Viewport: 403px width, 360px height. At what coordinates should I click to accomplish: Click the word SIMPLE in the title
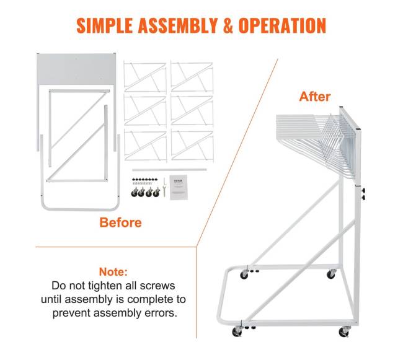click(x=104, y=25)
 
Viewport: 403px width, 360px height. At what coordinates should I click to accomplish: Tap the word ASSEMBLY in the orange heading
click(x=178, y=25)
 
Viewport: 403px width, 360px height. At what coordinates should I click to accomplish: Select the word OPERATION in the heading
click(x=282, y=25)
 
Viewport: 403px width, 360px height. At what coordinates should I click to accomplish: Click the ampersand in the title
click(x=228, y=25)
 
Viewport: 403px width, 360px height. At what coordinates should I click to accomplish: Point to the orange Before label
click(x=120, y=222)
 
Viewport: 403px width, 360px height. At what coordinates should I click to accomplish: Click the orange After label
click(x=315, y=97)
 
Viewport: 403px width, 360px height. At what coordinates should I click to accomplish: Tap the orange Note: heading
click(x=113, y=271)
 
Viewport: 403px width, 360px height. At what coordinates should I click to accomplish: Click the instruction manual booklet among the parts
click(x=179, y=187)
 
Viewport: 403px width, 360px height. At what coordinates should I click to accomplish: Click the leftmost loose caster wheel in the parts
click(x=135, y=192)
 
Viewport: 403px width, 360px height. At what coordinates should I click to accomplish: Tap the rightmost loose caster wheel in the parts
click(x=156, y=192)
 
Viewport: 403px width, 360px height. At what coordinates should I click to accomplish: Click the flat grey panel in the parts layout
click(x=76, y=69)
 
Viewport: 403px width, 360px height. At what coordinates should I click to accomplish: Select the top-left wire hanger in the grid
click(x=144, y=77)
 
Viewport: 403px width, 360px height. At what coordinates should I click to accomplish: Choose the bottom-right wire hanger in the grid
click(x=192, y=146)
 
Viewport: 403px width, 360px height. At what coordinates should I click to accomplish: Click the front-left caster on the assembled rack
click(x=237, y=331)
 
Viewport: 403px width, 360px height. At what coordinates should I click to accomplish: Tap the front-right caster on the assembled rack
click(x=344, y=331)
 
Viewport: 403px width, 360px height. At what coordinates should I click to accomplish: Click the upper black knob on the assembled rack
click(x=363, y=190)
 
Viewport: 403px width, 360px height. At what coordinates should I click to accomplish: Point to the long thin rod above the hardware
click(x=169, y=170)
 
